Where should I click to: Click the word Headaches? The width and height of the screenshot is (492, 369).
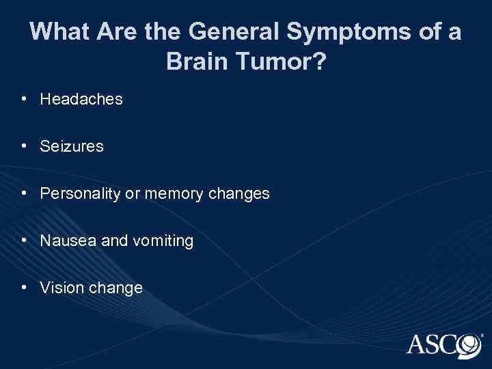pos(81,100)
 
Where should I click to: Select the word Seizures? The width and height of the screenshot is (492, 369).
pos(72,146)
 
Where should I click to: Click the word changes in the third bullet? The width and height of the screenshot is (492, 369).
pos(239,194)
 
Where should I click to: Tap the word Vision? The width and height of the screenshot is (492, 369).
pos(60,288)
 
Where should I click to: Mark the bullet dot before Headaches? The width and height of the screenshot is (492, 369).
pos(24,99)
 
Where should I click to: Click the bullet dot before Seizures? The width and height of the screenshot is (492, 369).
pos(24,146)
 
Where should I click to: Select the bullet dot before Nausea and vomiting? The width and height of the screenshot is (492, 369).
pos(24,240)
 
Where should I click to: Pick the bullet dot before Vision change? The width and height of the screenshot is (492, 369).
pos(24,287)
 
